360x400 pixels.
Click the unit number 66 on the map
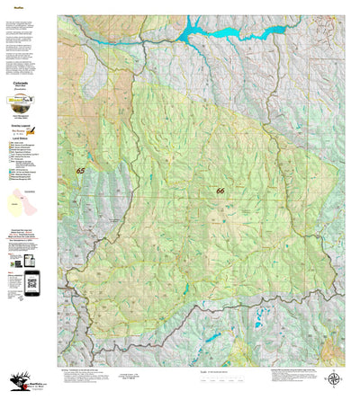click(x=220, y=191)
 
